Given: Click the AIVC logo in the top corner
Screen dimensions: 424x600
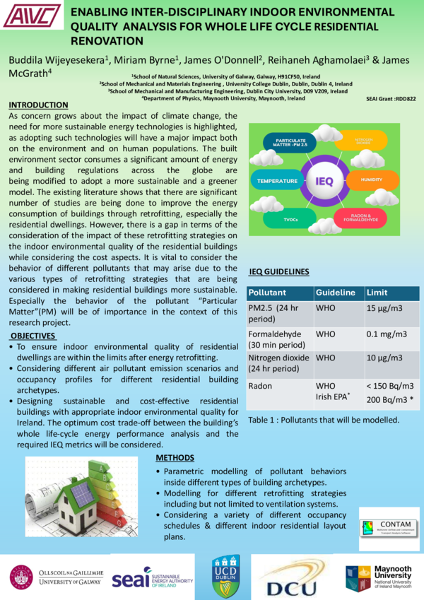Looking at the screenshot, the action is [x=33, y=16].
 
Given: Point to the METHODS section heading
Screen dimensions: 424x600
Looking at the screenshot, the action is [x=175, y=458].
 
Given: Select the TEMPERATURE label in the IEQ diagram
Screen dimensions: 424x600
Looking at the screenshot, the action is [x=278, y=181].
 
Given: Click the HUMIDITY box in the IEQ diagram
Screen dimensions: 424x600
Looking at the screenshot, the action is [x=371, y=180].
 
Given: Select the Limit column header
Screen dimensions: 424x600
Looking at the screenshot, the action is [x=377, y=292].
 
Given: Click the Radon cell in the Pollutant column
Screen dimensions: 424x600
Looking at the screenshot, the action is [x=259, y=385].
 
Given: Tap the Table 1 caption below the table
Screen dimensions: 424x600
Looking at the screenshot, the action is [x=324, y=419].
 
